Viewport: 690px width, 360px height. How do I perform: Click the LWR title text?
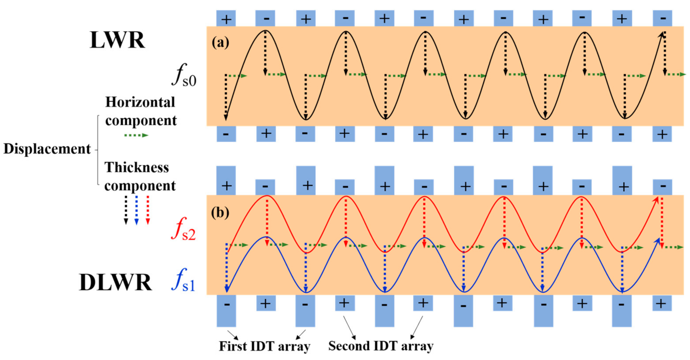pyautogui.click(x=117, y=40)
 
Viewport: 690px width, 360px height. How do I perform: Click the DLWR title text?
pyautogui.click(x=115, y=283)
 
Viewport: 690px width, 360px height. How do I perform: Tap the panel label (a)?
pyautogui.click(x=220, y=42)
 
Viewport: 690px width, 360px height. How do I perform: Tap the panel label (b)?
pyautogui.click(x=220, y=212)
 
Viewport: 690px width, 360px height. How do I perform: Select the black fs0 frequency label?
pyautogui.click(x=184, y=75)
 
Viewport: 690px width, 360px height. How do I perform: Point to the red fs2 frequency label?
pyautogui.click(x=183, y=229)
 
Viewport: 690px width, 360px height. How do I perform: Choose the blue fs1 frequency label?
pyautogui.click(x=183, y=280)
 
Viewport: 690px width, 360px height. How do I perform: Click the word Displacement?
pyautogui.click(x=47, y=149)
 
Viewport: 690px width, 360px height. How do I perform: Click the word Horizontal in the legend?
pyautogui.click(x=140, y=103)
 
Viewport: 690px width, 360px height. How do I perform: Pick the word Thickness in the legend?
pyautogui.click(x=137, y=167)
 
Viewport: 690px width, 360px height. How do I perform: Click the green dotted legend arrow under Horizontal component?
pyautogui.click(x=136, y=135)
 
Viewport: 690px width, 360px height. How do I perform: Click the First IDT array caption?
pyautogui.click(x=264, y=346)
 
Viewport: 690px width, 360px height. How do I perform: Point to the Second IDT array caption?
pyautogui.click(x=381, y=346)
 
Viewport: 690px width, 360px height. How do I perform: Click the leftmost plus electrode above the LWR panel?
pyautogui.click(x=226, y=19)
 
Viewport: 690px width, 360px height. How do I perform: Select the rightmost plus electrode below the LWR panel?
pyautogui.click(x=662, y=134)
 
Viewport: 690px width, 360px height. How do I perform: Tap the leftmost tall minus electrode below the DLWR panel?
pyautogui.click(x=226, y=311)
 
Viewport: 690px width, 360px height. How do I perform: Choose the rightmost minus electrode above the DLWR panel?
pyautogui.click(x=662, y=187)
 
